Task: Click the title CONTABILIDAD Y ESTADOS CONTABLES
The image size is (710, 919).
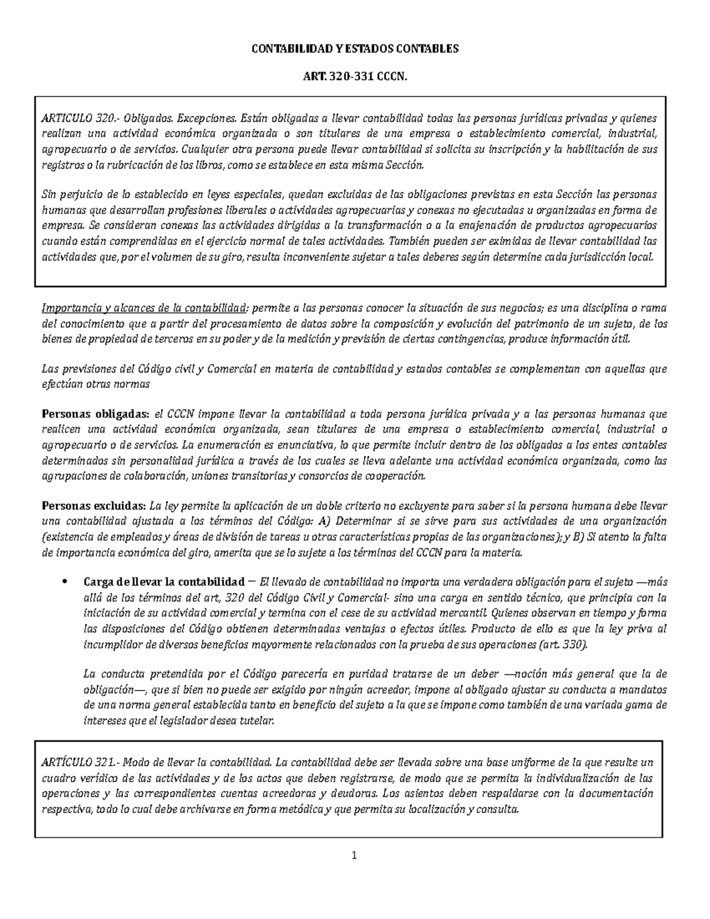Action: (355, 49)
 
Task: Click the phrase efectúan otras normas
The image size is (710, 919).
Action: (96, 384)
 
